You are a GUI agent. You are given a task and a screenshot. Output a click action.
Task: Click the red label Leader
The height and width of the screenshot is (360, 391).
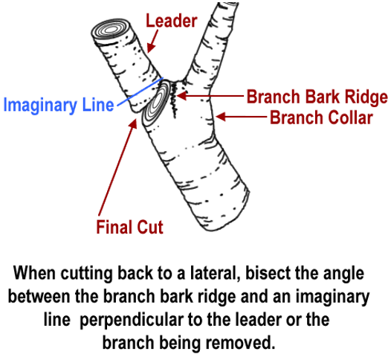coord(172,21)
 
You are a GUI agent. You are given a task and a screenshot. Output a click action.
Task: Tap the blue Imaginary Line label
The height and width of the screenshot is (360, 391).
coord(59,105)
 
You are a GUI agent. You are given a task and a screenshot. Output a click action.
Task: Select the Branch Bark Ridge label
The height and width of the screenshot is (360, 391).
coord(317,97)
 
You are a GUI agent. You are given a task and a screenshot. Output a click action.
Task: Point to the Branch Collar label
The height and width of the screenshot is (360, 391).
coord(321,118)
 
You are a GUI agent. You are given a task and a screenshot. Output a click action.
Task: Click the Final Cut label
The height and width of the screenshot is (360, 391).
coord(129,227)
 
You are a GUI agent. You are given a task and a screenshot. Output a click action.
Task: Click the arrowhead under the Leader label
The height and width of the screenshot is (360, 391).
coord(150,48)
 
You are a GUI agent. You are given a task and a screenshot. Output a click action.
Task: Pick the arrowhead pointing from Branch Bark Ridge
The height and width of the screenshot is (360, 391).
coord(181,95)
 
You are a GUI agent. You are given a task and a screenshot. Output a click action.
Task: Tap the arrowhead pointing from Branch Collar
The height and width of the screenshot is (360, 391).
coord(221,117)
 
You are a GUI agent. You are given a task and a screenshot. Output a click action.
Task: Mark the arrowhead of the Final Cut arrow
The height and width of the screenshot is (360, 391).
coord(133,123)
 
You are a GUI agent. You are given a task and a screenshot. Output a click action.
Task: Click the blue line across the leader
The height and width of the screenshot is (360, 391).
coord(140,91)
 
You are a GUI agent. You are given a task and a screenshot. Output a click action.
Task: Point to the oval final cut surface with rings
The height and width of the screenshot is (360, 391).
coord(157,103)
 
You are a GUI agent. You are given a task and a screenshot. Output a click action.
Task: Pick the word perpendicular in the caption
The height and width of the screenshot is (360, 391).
coord(132,321)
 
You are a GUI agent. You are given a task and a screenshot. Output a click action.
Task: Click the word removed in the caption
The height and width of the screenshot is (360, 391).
coord(240,343)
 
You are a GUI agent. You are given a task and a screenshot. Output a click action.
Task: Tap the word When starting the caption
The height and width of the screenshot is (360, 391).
coord(34,273)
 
